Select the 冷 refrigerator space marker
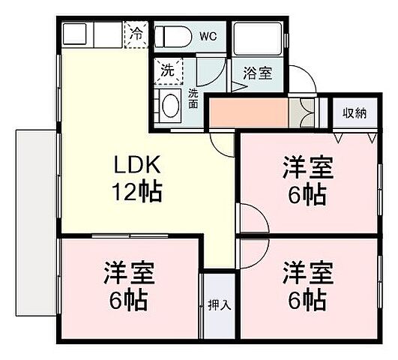137,33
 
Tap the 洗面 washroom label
193,97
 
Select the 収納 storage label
355,113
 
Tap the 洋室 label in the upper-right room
308,166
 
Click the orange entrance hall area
247,112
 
